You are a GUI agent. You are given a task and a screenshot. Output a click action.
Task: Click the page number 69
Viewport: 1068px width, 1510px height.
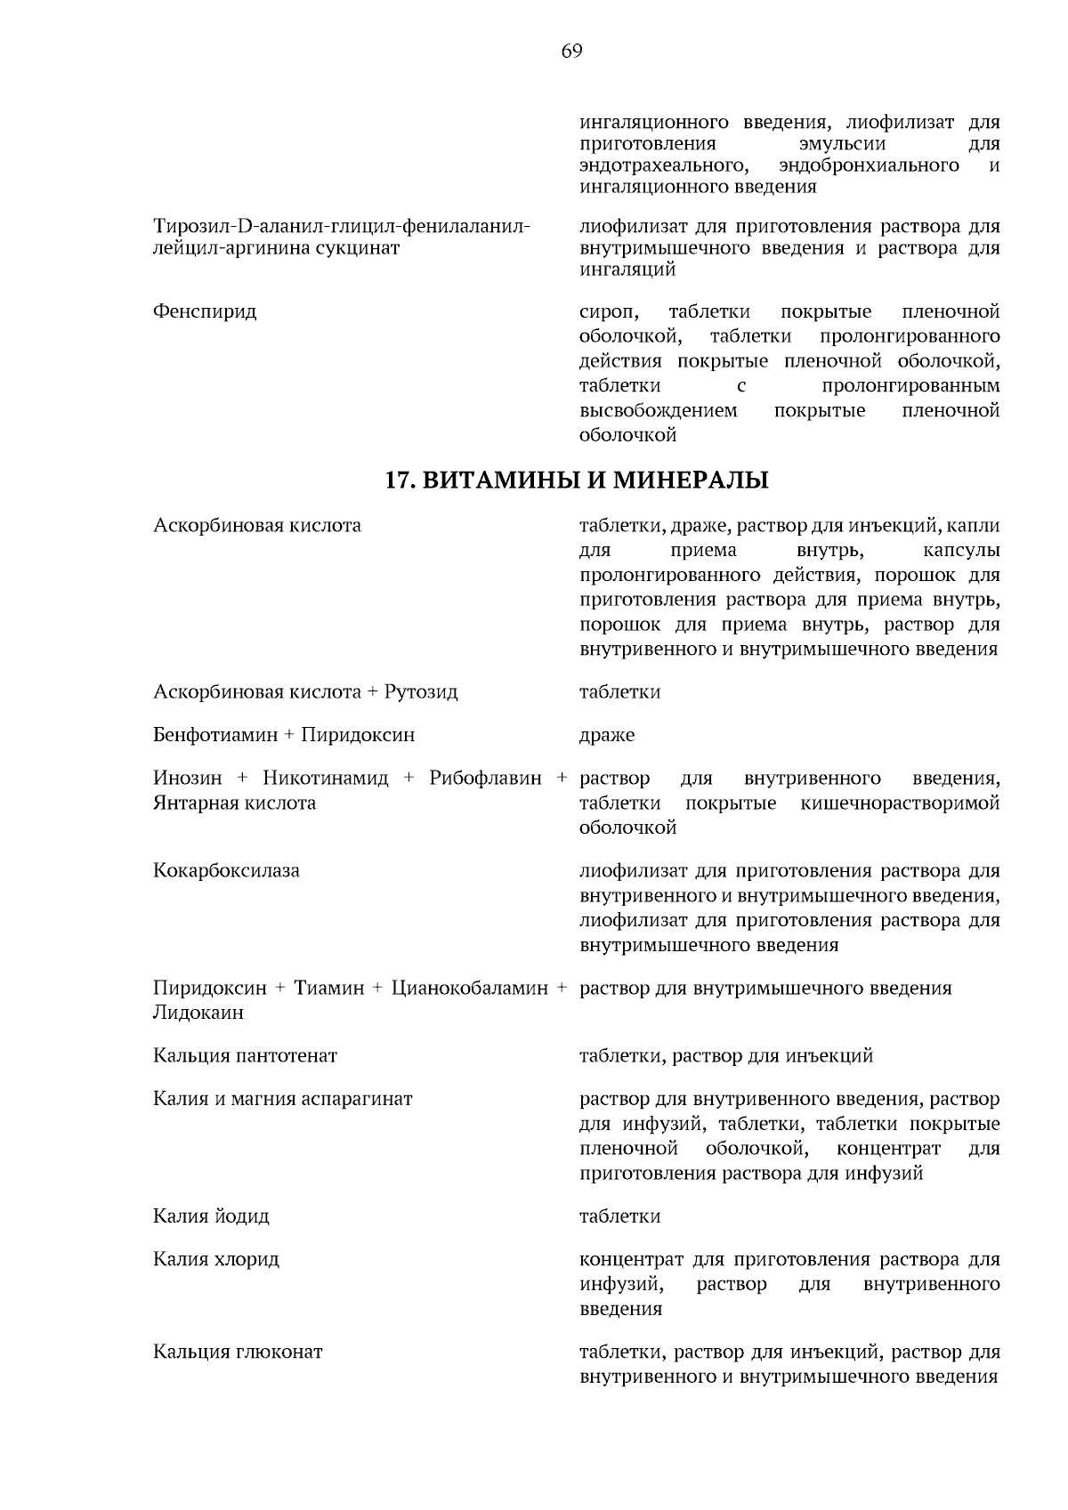point(571,52)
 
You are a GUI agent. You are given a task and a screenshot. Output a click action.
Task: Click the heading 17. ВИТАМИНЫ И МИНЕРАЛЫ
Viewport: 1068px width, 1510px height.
point(576,481)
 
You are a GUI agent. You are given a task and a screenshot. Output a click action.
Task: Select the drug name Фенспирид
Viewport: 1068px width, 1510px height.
point(205,311)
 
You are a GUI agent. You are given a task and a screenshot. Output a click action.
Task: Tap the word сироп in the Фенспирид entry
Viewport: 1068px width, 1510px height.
point(609,311)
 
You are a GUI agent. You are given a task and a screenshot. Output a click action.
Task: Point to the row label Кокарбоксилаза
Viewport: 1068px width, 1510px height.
point(226,871)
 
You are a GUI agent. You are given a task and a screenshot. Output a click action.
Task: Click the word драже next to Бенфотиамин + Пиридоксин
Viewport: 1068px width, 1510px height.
point(607,736)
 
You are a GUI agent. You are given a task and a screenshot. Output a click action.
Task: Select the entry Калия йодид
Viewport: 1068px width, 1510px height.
point(211,1216)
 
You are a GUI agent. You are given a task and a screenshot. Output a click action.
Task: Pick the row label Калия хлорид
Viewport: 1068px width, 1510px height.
point(216,1259)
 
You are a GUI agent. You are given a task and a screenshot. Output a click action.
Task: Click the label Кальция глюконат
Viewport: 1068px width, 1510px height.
point(238,1353)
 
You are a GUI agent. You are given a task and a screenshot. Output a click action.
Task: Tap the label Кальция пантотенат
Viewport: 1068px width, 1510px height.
point(245,1056)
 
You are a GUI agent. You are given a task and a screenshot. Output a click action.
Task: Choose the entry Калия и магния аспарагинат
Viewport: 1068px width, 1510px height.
point(283,1099)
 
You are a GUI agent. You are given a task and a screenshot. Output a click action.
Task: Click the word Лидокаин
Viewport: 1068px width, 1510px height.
point(198,1013)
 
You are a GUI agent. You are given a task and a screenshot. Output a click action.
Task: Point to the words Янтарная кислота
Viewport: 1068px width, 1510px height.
point(234,803)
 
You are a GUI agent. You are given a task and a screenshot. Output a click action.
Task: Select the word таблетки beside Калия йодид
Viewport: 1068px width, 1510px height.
point(619,1216)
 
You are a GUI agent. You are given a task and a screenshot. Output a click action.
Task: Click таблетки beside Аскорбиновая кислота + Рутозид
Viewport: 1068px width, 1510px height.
point(619,692)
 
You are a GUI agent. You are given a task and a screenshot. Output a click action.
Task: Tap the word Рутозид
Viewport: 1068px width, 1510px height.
point(421,692)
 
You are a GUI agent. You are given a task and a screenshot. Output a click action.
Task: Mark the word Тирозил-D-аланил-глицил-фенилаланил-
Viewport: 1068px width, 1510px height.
point(342,226)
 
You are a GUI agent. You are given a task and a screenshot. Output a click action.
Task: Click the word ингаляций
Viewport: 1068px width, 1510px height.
point(627,269)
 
